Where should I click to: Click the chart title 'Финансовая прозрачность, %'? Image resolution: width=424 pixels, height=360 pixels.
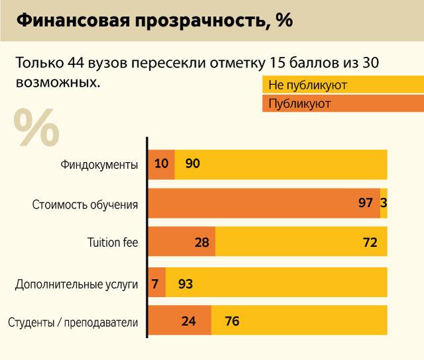pyautogui.click(x=154, y=21)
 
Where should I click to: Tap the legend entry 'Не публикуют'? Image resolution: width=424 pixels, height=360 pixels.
pyautogui.click(x=308, y=85)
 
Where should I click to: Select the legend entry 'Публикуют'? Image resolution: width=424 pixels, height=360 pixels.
pyautogui.click(x=300, y=104)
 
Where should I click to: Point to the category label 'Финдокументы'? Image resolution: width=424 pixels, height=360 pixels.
pyautogui.click(x=99, y=165)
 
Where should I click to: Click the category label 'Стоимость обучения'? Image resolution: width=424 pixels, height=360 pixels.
pyautogui.click(x=85, y=204)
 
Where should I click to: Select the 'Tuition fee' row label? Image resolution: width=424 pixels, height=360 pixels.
pyautogui.click(x=113, y=242)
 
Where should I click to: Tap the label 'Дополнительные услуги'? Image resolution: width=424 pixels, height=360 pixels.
pyautogui.click(x=77, y=285)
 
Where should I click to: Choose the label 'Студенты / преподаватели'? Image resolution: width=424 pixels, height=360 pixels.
pyautogui.click(x=73, y=322)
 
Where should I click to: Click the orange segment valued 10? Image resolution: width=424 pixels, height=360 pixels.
pyautogui.click(x=161, y=165)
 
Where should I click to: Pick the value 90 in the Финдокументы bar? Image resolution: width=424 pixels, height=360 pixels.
pyautogui.click(x=193, y=165)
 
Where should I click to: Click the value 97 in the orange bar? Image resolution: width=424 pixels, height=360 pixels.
pyautogui.click(x=366, y=203)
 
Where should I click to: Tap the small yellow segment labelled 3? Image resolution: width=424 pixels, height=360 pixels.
pyautogui.click(x=384, y=203)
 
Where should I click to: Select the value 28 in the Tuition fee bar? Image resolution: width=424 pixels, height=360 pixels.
pyautogui.click(x=202, y=242)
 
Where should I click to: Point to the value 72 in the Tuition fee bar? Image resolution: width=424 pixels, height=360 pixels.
pyautogui.click(x=370, y=242)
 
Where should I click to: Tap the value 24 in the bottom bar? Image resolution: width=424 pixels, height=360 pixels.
pyautogui.click(x=189, y=322)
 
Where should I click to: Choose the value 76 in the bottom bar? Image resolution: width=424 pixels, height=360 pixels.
pyautogui.click(x=232, y=322)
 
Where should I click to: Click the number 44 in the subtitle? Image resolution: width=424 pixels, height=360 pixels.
pyautogui.click(x=76, y=64)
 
